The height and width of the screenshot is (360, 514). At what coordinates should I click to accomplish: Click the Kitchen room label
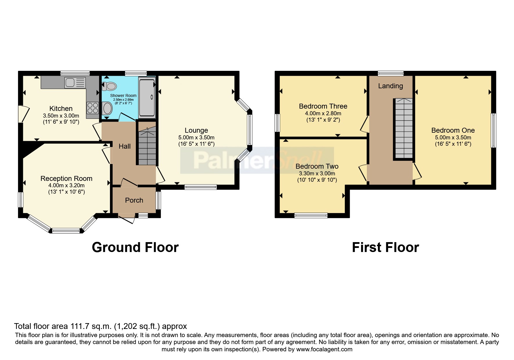click(61, 109)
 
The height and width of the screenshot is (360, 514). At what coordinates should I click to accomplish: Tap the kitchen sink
click(75, 83)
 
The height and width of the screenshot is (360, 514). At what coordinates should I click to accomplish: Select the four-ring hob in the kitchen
click(93, 108)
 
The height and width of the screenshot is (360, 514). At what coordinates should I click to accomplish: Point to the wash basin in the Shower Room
click(107, 109)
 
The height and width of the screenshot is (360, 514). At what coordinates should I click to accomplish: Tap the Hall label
click(125, 146)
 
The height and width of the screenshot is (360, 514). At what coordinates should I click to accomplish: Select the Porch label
click(134, 200)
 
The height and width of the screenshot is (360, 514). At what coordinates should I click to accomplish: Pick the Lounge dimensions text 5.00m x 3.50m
click(196, 138)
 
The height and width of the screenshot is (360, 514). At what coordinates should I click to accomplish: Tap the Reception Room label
click(66, 179)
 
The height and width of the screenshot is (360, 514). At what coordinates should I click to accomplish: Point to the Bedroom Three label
click(323, 106)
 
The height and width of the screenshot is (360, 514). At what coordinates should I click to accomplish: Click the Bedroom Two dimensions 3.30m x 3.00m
click(317, 174)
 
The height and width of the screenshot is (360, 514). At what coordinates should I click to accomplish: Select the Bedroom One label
click(453, 130)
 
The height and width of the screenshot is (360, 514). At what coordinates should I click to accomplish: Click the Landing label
click(390, 86)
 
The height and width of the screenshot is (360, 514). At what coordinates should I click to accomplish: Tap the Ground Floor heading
click(135, 247)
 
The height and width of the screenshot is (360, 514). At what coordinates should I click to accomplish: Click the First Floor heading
click(385, 248)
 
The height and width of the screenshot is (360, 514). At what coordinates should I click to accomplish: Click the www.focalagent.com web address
click(324, 349)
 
